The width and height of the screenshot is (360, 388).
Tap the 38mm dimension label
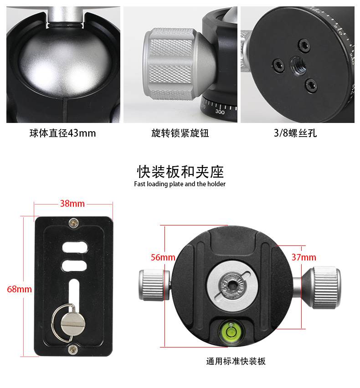[x=72, y=204]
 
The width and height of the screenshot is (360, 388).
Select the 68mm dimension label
[x=19, y=289]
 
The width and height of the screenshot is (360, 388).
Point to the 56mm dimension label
[x=163, y=257]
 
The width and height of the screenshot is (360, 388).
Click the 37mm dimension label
[x=304, y=257]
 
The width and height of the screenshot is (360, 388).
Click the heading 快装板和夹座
[x=180, y=172]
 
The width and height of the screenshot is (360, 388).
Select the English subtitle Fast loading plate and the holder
[x=180, y=184]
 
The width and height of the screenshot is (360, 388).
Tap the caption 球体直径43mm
[x=62, y=133]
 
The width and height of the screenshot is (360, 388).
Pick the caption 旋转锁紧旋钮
[x=180, y=133]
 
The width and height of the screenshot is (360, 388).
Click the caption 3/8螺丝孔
[x=295, y=133]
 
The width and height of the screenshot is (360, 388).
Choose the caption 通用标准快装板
[x=236, y=361]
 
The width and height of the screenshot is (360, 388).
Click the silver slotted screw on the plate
[x=73, y=323]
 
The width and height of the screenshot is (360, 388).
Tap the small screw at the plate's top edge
[x=73, y=223]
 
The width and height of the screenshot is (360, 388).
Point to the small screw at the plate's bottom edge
[x=73, y=350]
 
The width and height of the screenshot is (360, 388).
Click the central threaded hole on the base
[x=298, y=65]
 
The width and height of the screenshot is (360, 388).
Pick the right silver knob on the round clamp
[x=322, y=287]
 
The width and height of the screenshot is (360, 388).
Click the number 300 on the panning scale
[x=220, y=112]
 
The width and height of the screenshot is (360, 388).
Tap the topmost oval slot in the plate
[x=75, y=247]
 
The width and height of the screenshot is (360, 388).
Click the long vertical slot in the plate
[x=74, y=292]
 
